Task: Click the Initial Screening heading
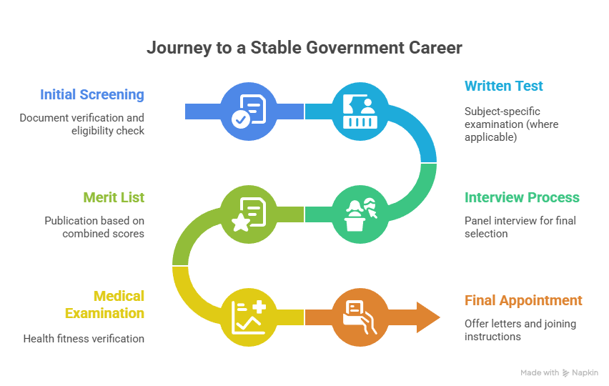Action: coord(92,95)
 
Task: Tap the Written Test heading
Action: coord(504,86)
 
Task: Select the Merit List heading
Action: coord(114,197)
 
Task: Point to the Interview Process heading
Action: coord(522,197)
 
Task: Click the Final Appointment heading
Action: coord(523,300)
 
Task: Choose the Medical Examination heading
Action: coord(104,305)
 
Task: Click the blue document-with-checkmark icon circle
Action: coord(249,111)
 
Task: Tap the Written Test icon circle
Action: coord(360,111)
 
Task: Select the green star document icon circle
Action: coord(249,214)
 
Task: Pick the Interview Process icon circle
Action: coord(360,214)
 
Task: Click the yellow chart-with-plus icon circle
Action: coord(249,317)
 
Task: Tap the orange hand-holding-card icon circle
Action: coord(360,317)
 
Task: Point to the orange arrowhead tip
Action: coord(440,317)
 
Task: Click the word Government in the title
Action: coord(355,48)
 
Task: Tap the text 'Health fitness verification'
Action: coord(84,339)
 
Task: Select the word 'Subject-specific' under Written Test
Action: coord(502,112)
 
